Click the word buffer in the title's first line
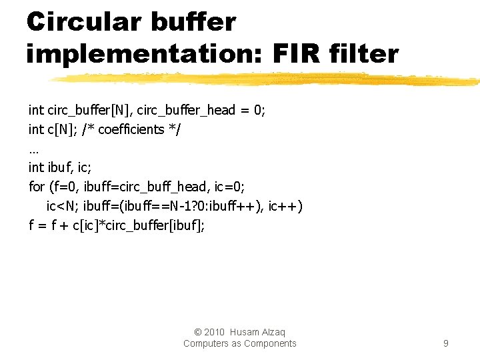coord(193,21)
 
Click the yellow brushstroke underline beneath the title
coord(267,79)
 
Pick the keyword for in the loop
coord(37,187)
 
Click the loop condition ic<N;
coord(64,206)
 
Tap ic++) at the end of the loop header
coord(285,206)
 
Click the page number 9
coord(445,343)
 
